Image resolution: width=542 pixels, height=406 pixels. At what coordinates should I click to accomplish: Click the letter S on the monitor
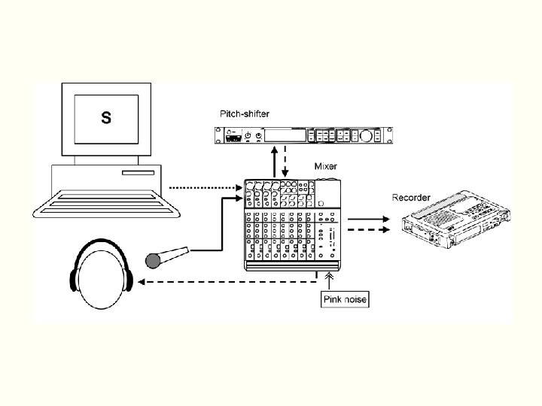click(x=106, y=118)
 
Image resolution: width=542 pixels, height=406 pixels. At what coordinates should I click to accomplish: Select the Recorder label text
click(x=411, y=197)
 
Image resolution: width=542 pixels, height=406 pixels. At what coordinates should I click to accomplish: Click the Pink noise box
click(x=345, y=300)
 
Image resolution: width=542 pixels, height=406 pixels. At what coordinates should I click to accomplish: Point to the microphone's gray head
click(x=154, y=260)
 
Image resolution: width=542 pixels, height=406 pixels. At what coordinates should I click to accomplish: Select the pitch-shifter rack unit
click(x=302, y=135)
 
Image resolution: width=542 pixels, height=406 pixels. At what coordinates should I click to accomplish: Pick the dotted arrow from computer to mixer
click(x=203, y=187)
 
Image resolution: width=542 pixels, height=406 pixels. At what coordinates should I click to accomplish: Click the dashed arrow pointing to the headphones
click(x=226, y=283)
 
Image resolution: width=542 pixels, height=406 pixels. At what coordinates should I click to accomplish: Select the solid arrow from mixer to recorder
click(x=369, y=219)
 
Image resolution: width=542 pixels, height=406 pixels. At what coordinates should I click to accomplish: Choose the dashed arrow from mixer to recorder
click(x=369, y=230)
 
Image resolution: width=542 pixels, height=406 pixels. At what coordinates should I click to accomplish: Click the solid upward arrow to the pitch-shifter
click(x=276, y=161)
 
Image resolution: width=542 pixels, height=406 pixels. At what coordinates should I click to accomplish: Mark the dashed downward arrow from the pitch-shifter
click(x=286, y=161)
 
